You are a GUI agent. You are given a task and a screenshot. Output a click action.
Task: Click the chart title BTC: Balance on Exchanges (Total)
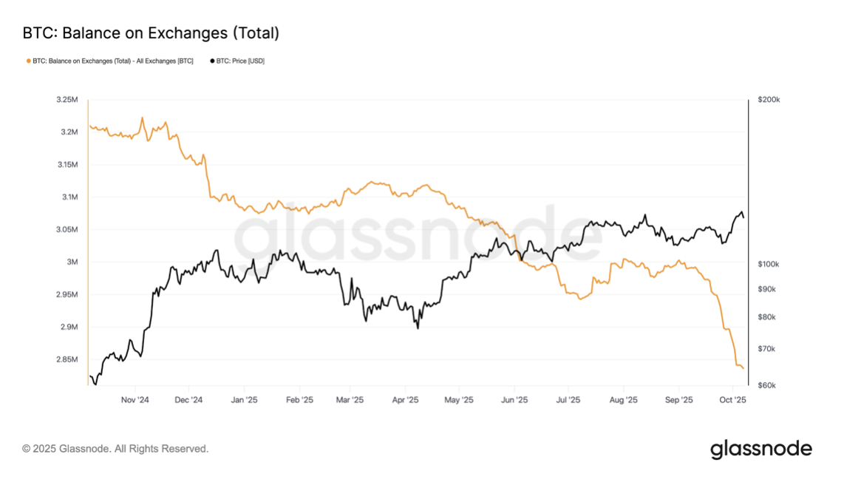151,33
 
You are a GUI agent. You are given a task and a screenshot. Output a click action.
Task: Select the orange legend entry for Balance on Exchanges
111,61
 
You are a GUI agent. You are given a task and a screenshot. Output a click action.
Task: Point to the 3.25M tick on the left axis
67,100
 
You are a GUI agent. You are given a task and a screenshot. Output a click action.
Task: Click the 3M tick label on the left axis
72,262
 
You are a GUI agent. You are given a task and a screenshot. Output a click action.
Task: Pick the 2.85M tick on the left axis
67,360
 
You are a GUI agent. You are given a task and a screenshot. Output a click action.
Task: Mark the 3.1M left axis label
69,197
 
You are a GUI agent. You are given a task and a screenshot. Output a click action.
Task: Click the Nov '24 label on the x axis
135,401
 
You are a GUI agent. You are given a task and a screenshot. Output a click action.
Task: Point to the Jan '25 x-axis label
244,401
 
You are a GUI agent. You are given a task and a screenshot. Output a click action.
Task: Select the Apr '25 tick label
405,401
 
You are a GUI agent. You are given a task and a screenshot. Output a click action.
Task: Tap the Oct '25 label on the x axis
732,401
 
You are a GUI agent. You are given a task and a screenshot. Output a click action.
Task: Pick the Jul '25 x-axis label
568,401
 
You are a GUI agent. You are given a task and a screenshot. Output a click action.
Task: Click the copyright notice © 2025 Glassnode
115,449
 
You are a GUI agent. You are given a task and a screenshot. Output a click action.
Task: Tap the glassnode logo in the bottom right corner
761,449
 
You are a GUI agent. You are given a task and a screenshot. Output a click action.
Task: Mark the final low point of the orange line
743,368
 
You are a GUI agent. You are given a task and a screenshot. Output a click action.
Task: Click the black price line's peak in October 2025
741,212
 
